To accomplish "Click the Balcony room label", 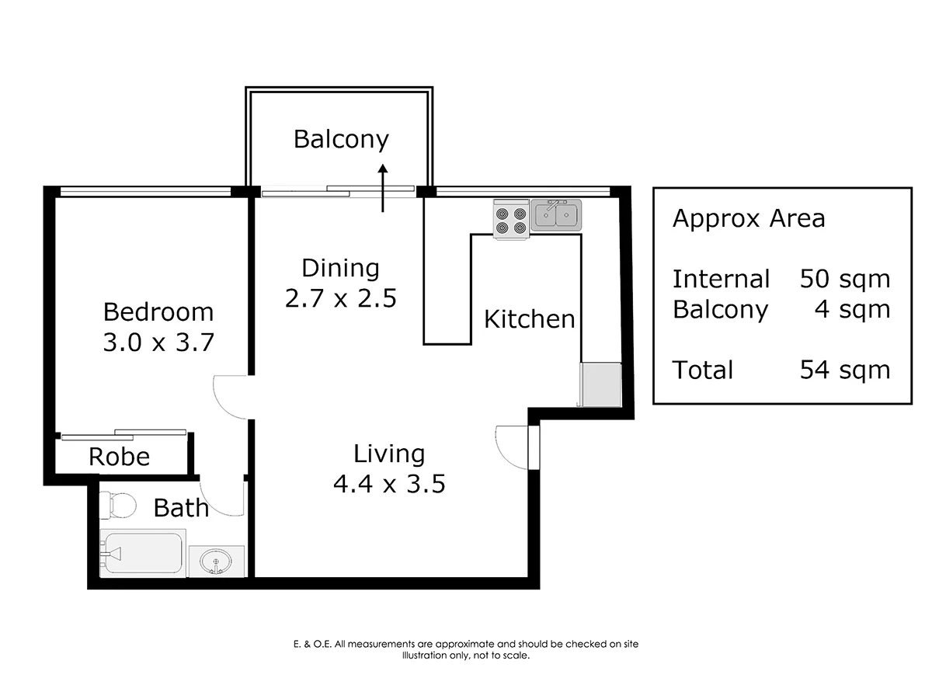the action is click(x=341, y=140).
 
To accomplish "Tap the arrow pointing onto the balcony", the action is click(x=383, y=188).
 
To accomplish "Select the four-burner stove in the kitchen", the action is click(x=511, y=218).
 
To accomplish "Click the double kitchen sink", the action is click(x=556, y=215).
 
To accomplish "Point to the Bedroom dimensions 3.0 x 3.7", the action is click(x=158, y=342).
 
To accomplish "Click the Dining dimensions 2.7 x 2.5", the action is click(x=340, y=298).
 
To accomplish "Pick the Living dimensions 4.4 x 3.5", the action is click(x=389, y=483).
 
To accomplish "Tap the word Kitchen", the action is click(x=530, y=318).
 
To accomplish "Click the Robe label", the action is click(x=120, y=457).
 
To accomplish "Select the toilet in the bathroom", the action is click(x=117, y=506).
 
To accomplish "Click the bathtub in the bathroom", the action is click(x=143, y=553).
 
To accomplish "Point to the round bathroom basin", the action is click(x=216, y=561).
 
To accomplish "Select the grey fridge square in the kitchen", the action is click(x=601, y=384).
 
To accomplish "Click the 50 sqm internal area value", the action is click(x=845, y=279).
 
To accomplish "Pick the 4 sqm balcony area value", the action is click(x=852, y=309).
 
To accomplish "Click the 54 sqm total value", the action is click(x=845, y=370).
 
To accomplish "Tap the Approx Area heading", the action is click(x=749, y=218).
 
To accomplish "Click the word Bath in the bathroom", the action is click(x=181, y=508).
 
